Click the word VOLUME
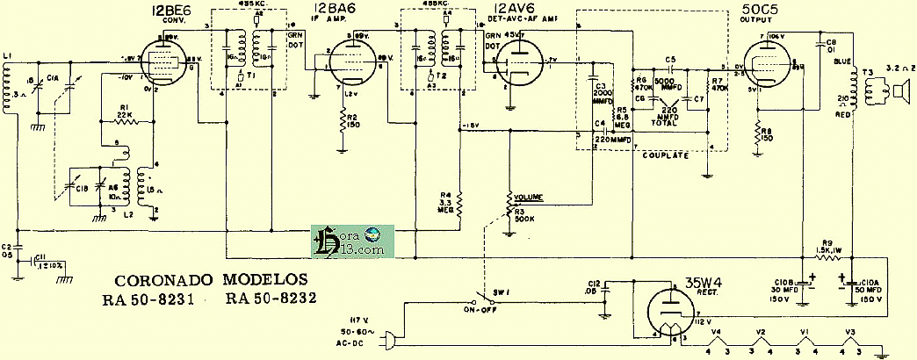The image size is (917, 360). click(x=530, y=198)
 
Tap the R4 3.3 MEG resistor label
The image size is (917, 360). click(x=446, y=202)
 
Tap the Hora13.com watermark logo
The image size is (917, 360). click(x=351, y=240)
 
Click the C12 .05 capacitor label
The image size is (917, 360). click(x=594, y=288)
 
